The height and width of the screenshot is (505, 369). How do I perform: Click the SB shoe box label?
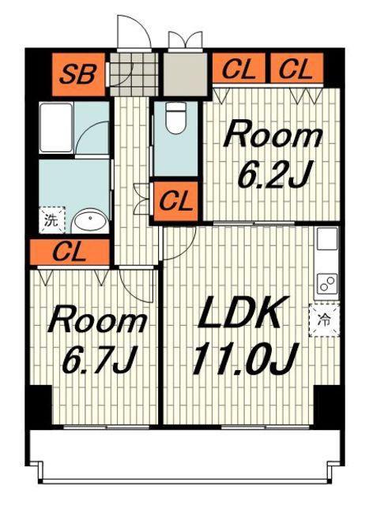(78, 74)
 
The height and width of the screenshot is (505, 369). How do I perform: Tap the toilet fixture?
(175, 117)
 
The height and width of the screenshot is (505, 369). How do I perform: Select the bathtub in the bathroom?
(56, 128)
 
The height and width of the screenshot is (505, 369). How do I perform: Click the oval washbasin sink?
(90, 221)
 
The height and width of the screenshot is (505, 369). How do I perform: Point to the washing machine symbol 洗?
(51, 220)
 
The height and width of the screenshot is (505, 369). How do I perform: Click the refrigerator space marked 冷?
(324, 320)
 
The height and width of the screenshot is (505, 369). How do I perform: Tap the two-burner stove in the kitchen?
(327, 283)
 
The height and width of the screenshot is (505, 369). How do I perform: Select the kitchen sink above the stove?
(327, 238)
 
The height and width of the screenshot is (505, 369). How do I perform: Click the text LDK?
(239, 312)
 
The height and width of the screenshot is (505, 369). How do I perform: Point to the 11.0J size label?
(244, 358)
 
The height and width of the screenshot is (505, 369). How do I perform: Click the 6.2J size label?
(274, 174)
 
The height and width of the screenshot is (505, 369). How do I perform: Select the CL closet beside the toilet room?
(175, 202)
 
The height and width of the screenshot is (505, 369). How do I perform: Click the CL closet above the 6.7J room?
(70, 252)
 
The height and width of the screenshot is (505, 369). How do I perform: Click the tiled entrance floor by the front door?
(134, 74)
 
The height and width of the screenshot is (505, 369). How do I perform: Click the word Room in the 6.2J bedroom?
(274, 135)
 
